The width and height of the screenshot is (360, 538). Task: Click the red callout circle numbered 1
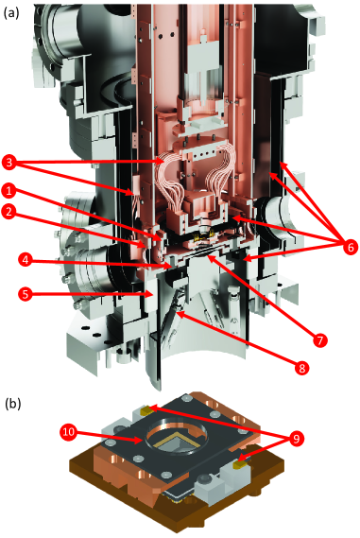point(10,190)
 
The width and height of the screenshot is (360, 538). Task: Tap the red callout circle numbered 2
point(10,212)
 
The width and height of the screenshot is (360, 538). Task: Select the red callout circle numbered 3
point(10,163)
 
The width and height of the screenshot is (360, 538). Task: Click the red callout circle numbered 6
point(349,247)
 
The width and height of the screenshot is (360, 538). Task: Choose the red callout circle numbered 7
point(319,340)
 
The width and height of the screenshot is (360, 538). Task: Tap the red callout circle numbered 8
point(301,368)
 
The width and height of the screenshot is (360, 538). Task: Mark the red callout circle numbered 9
point(295,438)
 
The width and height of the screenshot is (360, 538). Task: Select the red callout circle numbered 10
point(69,431)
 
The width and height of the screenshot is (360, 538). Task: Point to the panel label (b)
point(13,404)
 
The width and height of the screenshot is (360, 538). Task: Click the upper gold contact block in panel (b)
point(146,408)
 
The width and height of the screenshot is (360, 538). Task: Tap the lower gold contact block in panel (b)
point(238,465)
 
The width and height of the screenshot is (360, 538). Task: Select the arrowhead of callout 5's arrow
point(151,294)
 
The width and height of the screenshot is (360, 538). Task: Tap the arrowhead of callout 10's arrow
point(140,440)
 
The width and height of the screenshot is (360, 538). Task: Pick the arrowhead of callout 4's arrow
point(172,266)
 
